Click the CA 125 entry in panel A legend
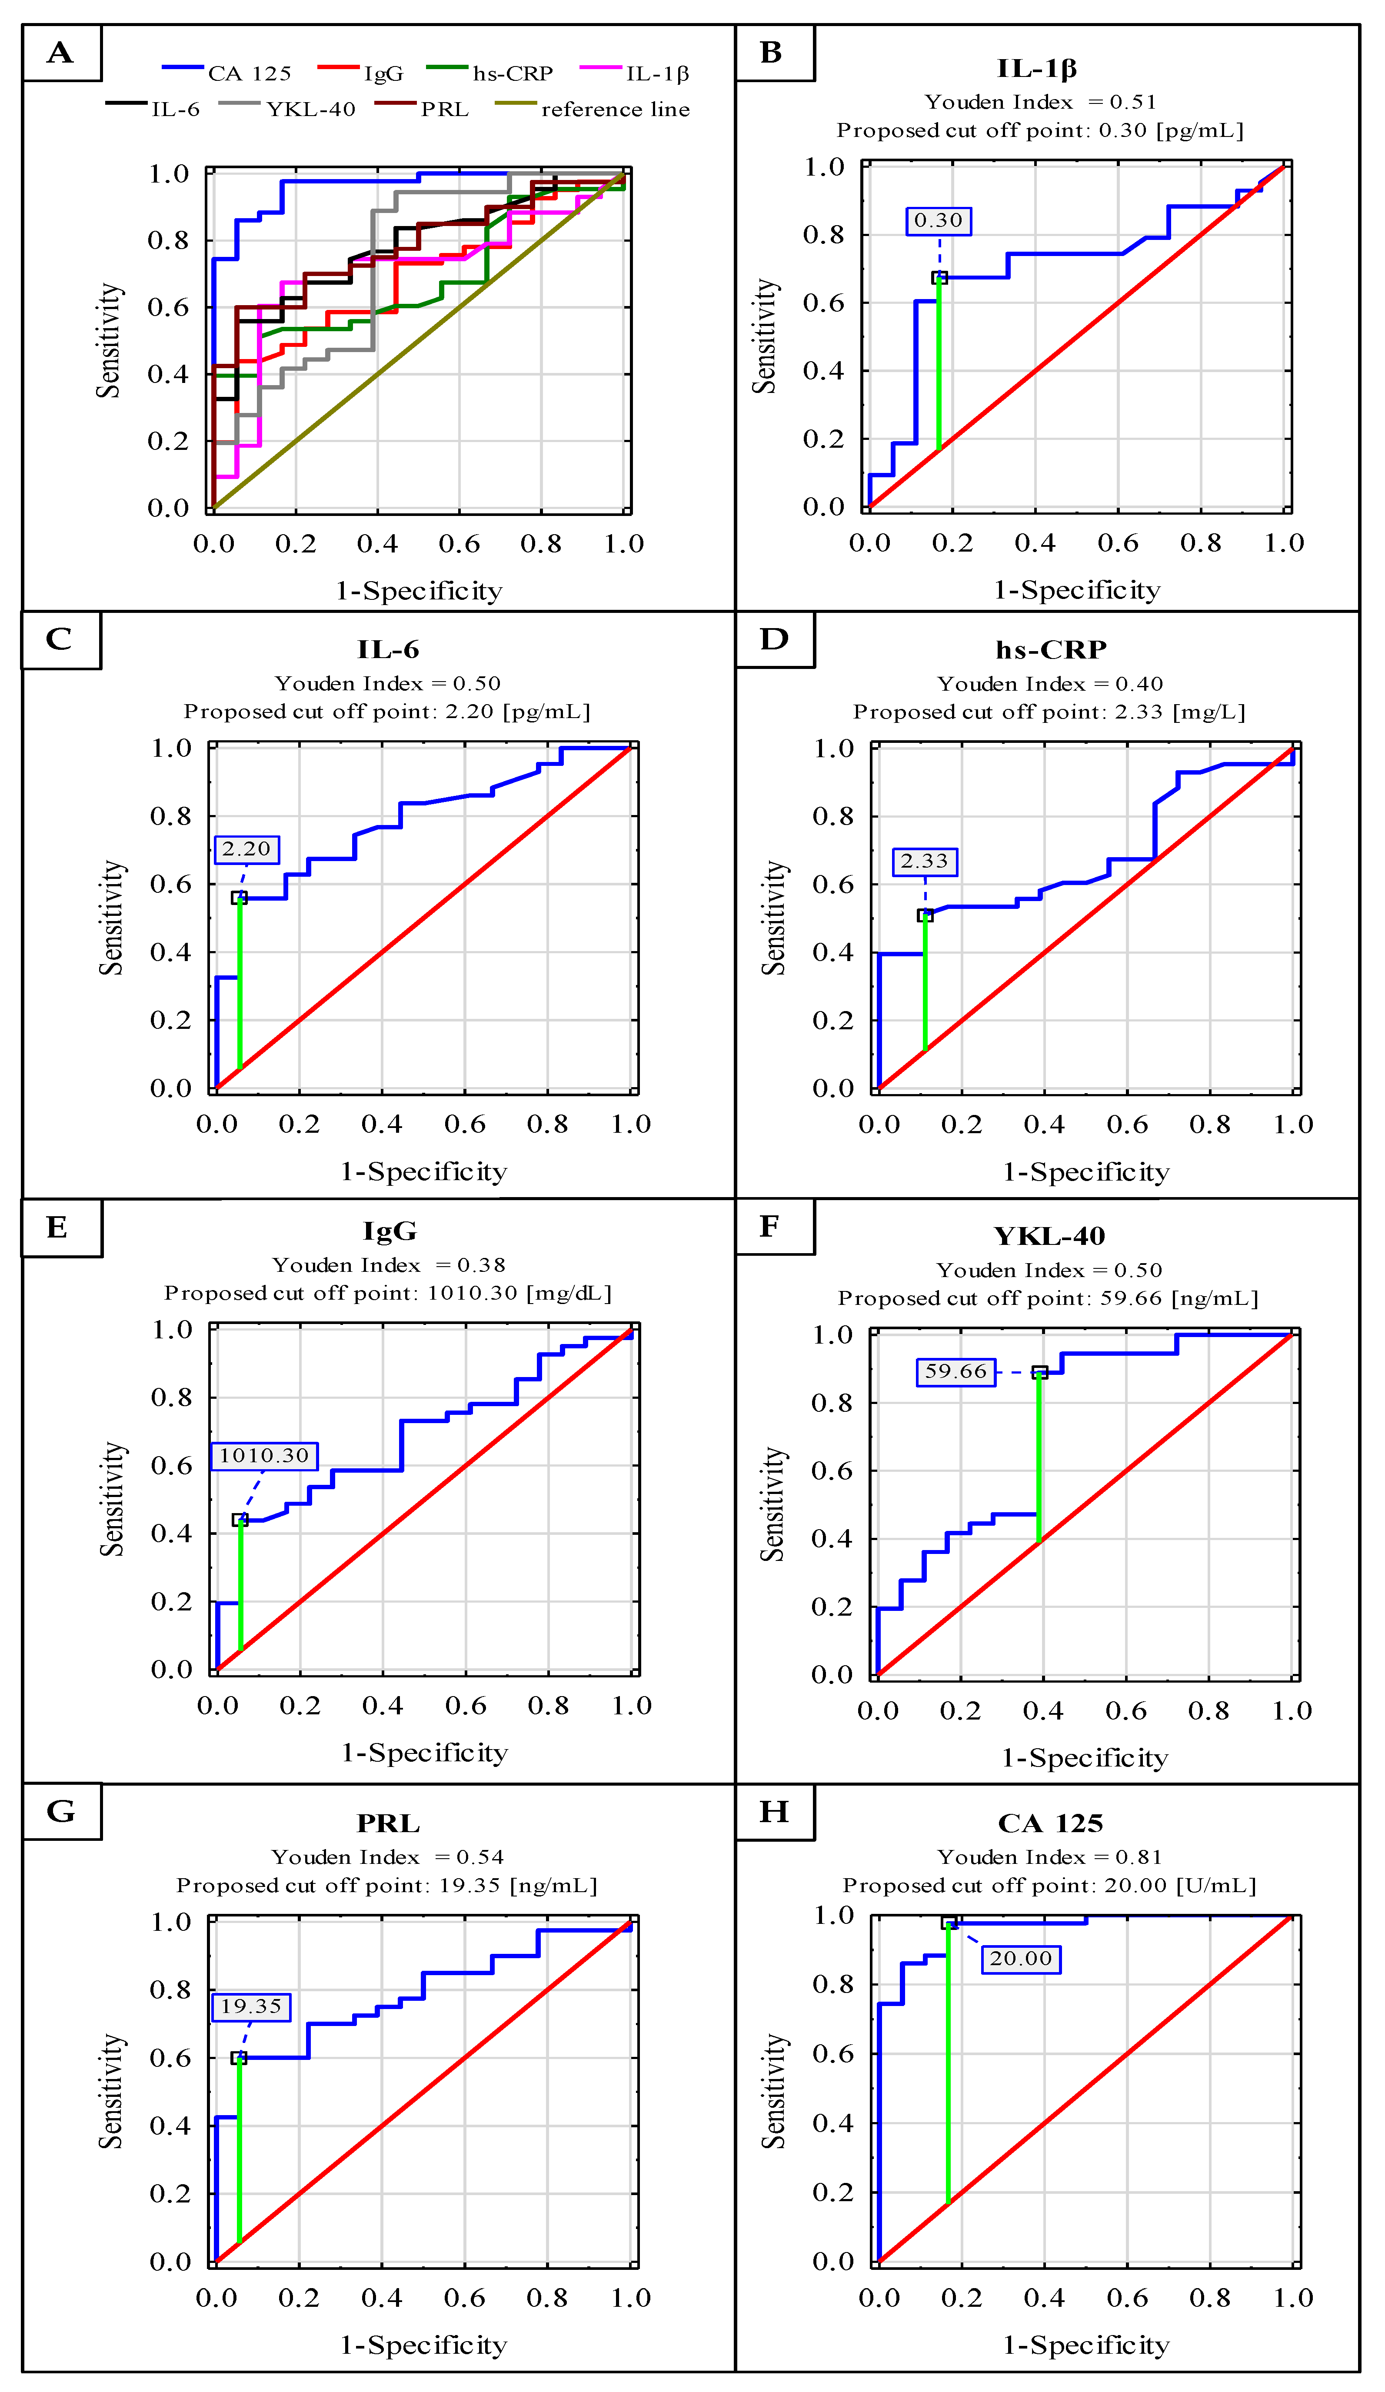pos(249,73)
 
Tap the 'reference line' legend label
pos(614,109)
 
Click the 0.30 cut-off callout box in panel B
pos(938,220)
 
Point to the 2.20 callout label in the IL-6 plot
pos(247,848)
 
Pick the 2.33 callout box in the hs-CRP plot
pos(925,861)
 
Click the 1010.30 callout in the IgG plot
pos(264,1455)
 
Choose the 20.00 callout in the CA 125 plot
pos(1022,1958)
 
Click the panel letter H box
pos(775,1811)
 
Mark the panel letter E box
pos(59,1228)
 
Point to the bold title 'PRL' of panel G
pos(388,1823)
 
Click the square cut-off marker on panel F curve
pos(1039,1373)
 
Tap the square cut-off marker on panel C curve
pos(239,898)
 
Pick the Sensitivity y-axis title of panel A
pos(109,340)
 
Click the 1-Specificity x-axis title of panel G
pos(423,2345)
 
